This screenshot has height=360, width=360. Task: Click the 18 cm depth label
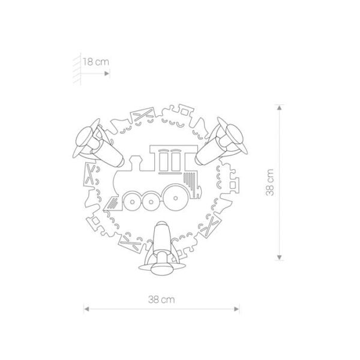(x=96, y=62)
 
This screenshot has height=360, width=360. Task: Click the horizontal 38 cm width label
(x=161, y=299)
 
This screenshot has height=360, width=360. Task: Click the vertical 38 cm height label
(x=270, y=182)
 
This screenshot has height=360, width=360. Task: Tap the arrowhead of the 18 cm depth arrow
(x=107, y=73)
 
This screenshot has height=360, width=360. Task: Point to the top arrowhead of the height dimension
(x=279, y=107)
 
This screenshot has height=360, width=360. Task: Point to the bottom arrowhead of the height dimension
(x=279, y=257)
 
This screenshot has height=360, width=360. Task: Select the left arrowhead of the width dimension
(x=86, y=309)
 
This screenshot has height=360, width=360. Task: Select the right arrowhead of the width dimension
(x=236, y=309)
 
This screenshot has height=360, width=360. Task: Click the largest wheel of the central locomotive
(x=175, y=198)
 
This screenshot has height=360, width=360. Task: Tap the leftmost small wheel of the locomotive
(x=132, y=201)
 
